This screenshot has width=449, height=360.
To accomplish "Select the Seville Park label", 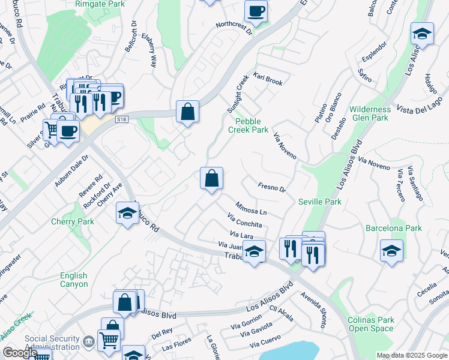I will click(320, 202).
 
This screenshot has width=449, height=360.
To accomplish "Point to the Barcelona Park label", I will click(394, 228).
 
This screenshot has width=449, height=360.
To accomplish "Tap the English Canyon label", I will click(73, 280).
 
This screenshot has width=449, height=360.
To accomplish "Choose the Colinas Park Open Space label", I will click(371, 324).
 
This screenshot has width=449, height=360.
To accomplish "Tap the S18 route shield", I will click(122, 119).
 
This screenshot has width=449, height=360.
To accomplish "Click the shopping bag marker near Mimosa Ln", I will click(211, 179).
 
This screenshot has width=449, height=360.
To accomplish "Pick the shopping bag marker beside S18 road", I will click(187, 112).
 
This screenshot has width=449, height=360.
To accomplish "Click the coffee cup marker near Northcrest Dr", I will click(256, 11).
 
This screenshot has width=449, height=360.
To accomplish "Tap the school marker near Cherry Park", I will click(127, 214).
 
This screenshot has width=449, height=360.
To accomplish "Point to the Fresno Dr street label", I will click(271, 188).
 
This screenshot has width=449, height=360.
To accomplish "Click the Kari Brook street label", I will click(268, 80).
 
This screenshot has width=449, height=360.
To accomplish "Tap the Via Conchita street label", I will click(245, 220).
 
